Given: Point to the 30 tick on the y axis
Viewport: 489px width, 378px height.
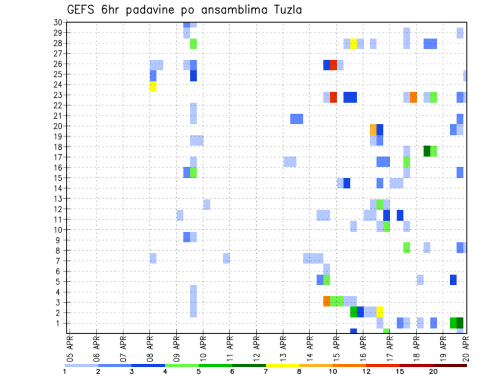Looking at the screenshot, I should point(58,22).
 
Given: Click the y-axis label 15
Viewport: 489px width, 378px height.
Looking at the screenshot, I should point(58,178).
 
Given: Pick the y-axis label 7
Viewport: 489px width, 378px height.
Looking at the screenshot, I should point(60,261).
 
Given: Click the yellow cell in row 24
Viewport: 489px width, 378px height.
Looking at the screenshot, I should point(153,87).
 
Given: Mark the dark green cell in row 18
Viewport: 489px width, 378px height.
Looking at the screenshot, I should point(427,151).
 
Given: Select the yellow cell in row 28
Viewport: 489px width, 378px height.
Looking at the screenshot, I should point(354,43).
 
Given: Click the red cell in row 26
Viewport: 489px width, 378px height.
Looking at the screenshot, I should point(333,65).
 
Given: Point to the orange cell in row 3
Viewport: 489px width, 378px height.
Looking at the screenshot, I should point(327,301).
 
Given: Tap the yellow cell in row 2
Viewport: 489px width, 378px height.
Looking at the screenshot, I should point(380,312).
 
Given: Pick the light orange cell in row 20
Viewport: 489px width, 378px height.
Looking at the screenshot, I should point(373,129).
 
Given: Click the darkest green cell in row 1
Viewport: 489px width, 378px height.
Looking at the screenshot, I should point(460,322).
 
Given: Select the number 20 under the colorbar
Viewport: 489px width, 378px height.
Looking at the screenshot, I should point(433,371).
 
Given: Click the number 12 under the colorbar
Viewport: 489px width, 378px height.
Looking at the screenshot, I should point(366,371).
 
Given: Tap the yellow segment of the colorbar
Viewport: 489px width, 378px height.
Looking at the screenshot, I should point(283,365).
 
